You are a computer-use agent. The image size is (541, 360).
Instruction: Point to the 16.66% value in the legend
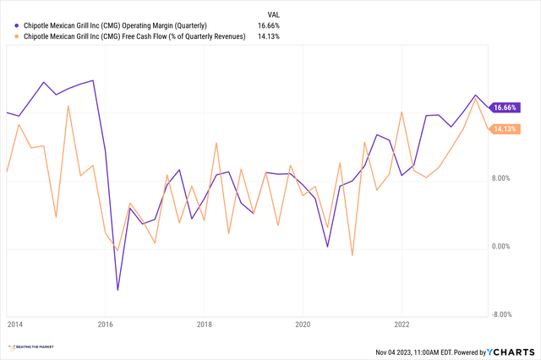[268, 25]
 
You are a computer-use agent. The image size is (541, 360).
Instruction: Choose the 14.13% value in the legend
[268, 35]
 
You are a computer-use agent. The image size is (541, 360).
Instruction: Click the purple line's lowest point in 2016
[117, 290]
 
